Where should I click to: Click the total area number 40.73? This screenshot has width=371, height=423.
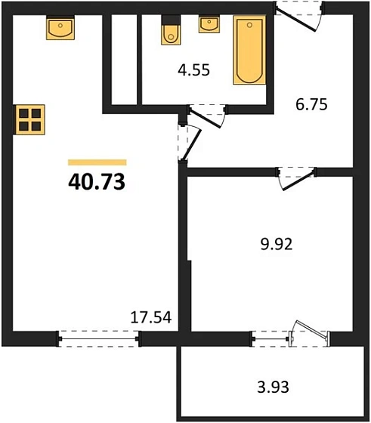coord(97,181)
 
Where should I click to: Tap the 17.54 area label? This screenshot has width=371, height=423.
coord(151,317)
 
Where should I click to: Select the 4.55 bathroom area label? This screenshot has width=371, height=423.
coord(193,69)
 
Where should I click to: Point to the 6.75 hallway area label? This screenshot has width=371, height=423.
coord(311,104)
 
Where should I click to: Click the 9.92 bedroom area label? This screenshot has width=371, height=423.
coord(277,245)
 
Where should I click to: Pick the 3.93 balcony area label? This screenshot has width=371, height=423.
coord(273,387)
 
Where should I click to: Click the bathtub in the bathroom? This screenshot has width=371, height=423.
coord(249,50)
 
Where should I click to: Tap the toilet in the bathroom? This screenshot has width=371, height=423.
coord(171,30)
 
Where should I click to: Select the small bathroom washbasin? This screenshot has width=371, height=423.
coord(209,24)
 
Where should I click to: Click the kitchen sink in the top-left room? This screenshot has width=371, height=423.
coord(60,27)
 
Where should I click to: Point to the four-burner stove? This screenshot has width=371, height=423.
coord(29,119)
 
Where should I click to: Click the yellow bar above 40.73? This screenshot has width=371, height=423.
coord(97,162)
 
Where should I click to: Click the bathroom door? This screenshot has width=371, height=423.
coord(207,116)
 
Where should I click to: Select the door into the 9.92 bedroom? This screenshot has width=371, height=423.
coord(296,178)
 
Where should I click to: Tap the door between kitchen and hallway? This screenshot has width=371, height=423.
coord(189,143)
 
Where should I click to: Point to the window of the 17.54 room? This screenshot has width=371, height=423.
coord(99,338)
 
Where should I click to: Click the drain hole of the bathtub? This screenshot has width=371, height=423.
coord(249,25)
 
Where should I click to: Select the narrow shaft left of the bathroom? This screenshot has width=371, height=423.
coord(124,60)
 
